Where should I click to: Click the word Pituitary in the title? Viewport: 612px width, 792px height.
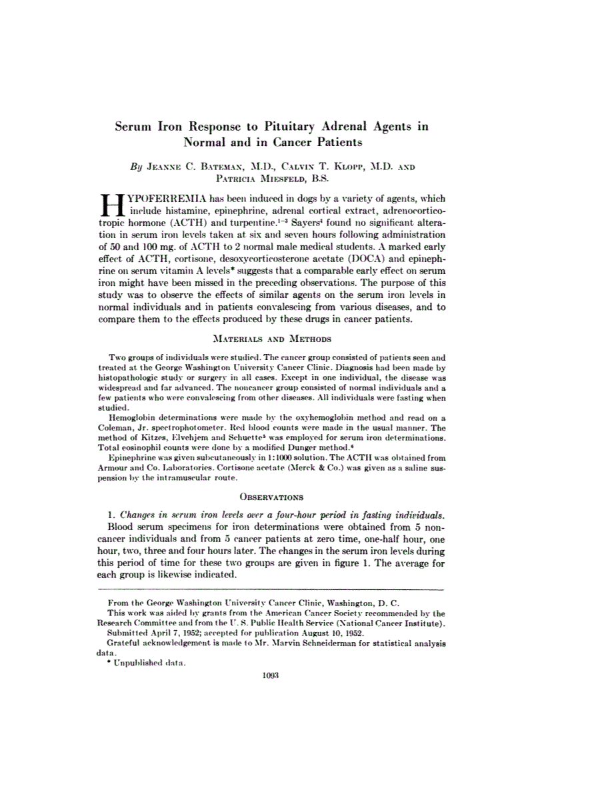[299, 125]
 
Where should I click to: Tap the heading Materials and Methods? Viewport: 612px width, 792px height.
[271, 339]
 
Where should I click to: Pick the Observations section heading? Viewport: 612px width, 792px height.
[271, 497]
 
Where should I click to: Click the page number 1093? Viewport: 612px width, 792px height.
[271, 675]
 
